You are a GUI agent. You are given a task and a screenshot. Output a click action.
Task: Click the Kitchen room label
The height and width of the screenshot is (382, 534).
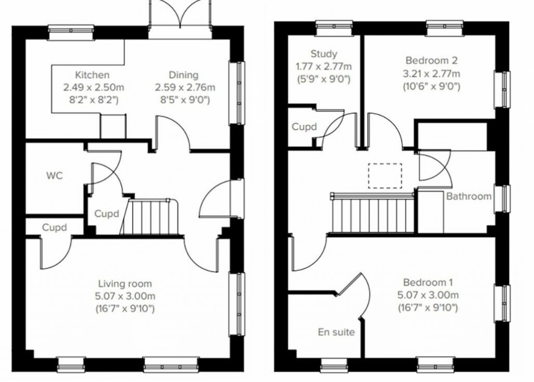pos(92,75)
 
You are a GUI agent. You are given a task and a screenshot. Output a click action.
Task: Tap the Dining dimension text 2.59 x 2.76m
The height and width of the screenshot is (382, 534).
pos(185,88)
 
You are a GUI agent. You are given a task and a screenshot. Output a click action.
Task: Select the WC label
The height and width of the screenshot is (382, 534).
pos(54,176)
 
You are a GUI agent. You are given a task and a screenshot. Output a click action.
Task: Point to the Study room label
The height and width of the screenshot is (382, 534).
pos(324,54)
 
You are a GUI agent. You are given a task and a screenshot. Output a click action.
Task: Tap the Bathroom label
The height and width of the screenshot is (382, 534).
pos(468,197)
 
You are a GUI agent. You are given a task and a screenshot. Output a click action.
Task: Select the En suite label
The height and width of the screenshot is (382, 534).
pos(337,332)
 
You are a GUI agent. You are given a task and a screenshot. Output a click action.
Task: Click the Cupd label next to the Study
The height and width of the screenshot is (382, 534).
pos(304,127)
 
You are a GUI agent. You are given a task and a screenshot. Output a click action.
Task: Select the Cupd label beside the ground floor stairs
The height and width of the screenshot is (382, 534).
pos(107,213)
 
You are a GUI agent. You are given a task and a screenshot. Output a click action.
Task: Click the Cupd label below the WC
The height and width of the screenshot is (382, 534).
pos(54,228)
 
